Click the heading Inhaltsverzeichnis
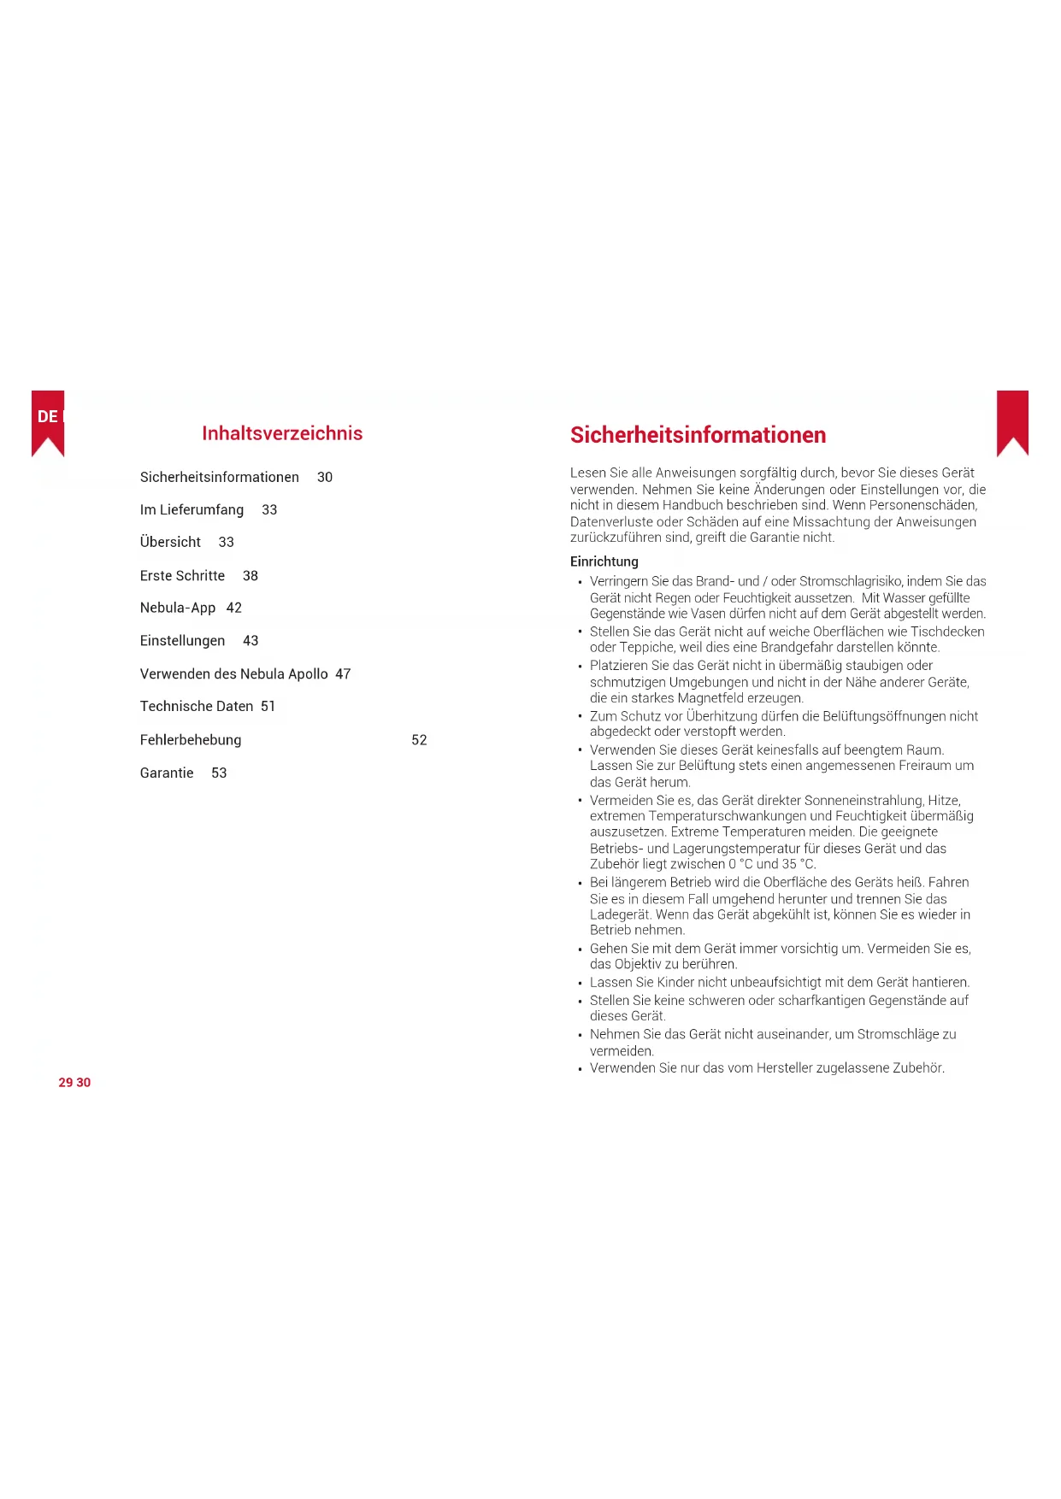(282, 433)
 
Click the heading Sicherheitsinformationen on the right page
(698, 435)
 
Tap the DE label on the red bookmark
(47, 417)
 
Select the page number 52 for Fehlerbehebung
(419, 740)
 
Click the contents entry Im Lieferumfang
(192, 510)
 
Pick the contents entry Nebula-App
(178, 608)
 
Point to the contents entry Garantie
(167, 773)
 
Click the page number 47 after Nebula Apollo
(343, 674)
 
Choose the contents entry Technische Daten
(197, 707)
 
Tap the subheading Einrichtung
(604, 561)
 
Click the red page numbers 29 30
(74, 1083)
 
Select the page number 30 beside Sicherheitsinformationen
(325, 478)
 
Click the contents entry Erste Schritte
(182, 576)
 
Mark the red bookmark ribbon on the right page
(1012, 420)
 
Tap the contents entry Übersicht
(170, 543)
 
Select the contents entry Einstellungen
(182, 641)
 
